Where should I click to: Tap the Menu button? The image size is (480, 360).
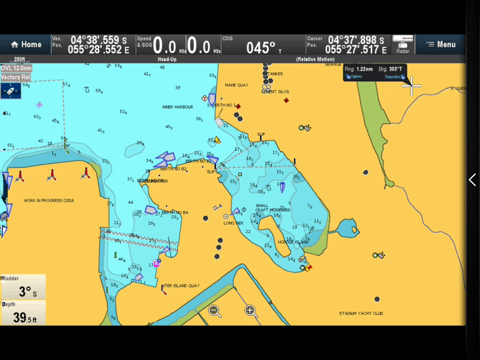click(441, 44)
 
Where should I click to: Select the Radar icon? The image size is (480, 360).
click(403, 44)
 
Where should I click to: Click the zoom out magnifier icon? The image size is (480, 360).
click(215, 311)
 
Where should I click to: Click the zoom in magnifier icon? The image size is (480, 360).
click(251, 311)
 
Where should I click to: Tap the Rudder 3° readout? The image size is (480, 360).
click(23, 287)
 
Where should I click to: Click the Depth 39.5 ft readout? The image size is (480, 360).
click(23, 313)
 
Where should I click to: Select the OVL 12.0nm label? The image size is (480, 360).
click(16, 68)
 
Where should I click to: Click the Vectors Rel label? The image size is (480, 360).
click(16, 77)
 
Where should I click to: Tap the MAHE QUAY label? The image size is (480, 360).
click(236, 85)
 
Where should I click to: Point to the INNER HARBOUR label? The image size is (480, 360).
click(178, 107)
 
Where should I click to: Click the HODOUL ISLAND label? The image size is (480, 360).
click(293, 242)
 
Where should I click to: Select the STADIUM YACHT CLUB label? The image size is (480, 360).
click(361, 314)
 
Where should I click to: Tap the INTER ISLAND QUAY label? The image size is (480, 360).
click(180, 286)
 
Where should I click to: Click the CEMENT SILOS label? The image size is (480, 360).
click(275, 92)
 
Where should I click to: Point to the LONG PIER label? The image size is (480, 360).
click(233, 223)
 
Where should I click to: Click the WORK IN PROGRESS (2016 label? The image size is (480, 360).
click(50, 201)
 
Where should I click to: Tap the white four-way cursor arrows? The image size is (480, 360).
click(411, 86)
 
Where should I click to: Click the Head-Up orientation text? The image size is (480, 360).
click(168, 59)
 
